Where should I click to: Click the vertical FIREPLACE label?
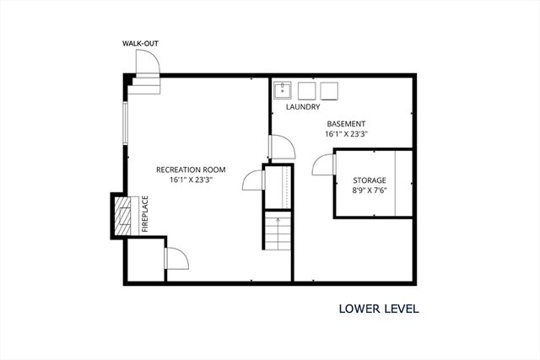pyautogui.click(x=144, y=214)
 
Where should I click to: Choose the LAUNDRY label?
pyautogui.click(x=302, y=107)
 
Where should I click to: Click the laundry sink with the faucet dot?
pyautogui.click(x=283, y=90)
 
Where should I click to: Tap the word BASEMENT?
pyautogui.click(x=346, y=123)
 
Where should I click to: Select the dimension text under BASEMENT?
pyautogui.click(x=346, y=133)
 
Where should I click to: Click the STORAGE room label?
pyautogui.click(x=369, y=180)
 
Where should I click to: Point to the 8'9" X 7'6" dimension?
pyautogui.click(x=369, y=191)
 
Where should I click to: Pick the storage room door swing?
pyautogui.click(x=323, y=165)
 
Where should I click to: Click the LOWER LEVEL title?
pyautogui.click(x=379, y=309)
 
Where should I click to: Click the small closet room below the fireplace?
pyautogui.click(x=143, y=261)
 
